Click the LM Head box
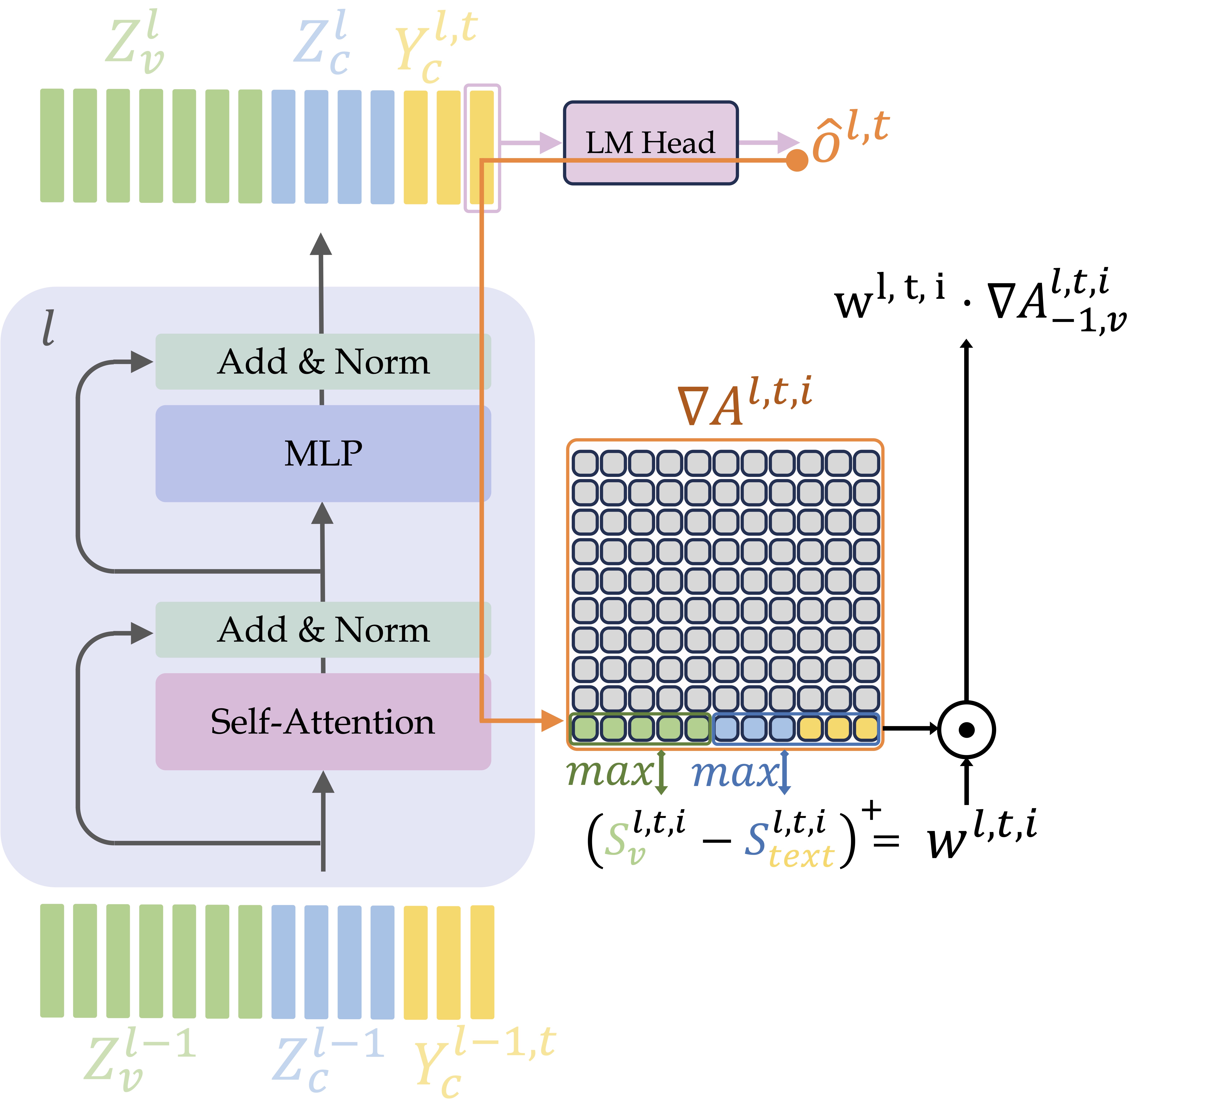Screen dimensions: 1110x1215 pos(650,143)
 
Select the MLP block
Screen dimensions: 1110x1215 pos(323,453)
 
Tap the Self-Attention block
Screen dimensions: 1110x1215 pos(323,721)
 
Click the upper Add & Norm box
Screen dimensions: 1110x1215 pos(323,362)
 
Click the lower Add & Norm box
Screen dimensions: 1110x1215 pos(323,630)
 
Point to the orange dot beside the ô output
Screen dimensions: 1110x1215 pos(797,160)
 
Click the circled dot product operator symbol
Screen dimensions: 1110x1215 pos(966,730)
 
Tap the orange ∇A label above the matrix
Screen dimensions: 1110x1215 pos(744,401)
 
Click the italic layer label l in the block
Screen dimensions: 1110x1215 pos(48,328)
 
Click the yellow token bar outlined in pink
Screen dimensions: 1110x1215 pos(482,148)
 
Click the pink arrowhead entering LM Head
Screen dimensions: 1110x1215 pos(550,143)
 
